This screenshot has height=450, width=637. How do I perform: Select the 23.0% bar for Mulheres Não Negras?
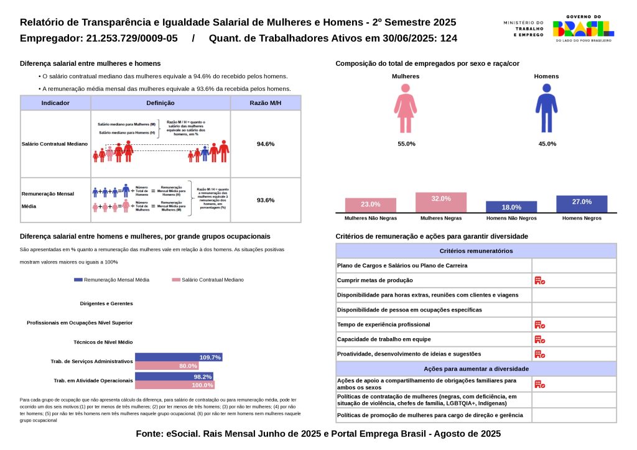click(x=371, y=205)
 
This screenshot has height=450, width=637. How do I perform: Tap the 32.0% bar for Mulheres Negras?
click(x=440, y=203)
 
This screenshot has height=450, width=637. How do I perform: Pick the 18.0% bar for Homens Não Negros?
click(x=511, y=207)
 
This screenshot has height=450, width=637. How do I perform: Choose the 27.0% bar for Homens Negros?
click(x=582, y=204)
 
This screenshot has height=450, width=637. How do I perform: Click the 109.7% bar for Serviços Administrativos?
click(x=179, y=357)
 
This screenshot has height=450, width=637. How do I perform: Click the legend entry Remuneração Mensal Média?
click(x=112, y=280)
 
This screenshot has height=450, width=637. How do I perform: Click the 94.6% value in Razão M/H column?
click(x=266, y=144)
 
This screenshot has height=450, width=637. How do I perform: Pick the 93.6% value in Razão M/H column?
click(x=266, y=200)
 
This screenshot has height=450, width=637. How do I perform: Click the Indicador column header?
click(x=55, y=103)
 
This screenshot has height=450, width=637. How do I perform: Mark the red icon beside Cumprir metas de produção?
click(x=539, y=280)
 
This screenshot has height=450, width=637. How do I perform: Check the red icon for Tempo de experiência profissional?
click(x=539, y=324)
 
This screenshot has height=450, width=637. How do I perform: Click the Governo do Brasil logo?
click(x=584, y=29)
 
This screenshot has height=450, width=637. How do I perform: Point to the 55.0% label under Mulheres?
click(x=406, y=144)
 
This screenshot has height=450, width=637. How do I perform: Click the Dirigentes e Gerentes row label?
click(x=106, y=304)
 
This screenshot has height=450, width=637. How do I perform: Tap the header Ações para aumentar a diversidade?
click(x=476, y=369)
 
